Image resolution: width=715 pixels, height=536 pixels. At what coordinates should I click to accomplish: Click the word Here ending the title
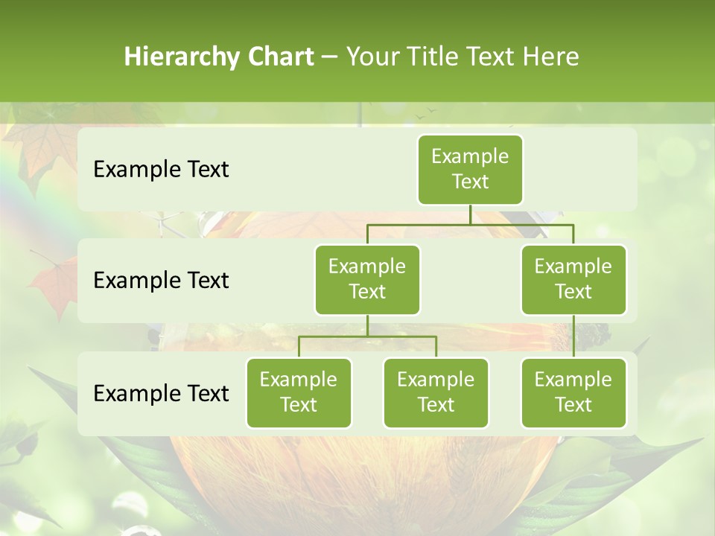coord(550,57)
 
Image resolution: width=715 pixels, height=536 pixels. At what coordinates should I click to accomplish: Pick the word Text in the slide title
coord(486,57)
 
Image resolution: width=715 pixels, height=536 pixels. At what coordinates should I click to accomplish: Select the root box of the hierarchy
coord(470,169)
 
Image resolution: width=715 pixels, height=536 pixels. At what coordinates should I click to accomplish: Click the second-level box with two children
coord(367,279)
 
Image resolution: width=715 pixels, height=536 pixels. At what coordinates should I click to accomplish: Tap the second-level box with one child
coord(573,279)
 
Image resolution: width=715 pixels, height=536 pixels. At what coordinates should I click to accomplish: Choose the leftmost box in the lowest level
coord(299,392)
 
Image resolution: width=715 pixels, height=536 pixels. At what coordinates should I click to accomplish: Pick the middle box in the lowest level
coord(436,392)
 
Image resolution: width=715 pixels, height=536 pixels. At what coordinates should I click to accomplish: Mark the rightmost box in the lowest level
coord(573,392)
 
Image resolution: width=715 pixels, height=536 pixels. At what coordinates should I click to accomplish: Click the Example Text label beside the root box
coord(161,169)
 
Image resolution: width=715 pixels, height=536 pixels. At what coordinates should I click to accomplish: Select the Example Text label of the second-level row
coord(161,280)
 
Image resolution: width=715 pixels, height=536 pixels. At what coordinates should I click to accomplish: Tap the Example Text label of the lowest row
coord(161,393)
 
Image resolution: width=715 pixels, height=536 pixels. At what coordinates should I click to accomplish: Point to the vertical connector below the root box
coord(470,214)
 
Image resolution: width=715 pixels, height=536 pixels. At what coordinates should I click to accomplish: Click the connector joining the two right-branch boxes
coord(573,336)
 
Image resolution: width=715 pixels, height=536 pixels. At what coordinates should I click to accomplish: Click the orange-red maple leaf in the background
coord(52,287)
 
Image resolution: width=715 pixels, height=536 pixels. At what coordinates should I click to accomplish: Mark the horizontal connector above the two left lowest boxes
coord(367,336)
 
